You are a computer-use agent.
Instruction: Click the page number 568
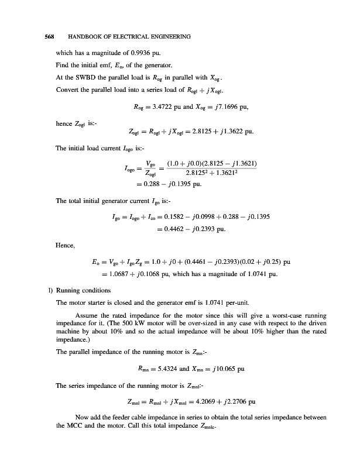(x=50, y=37)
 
